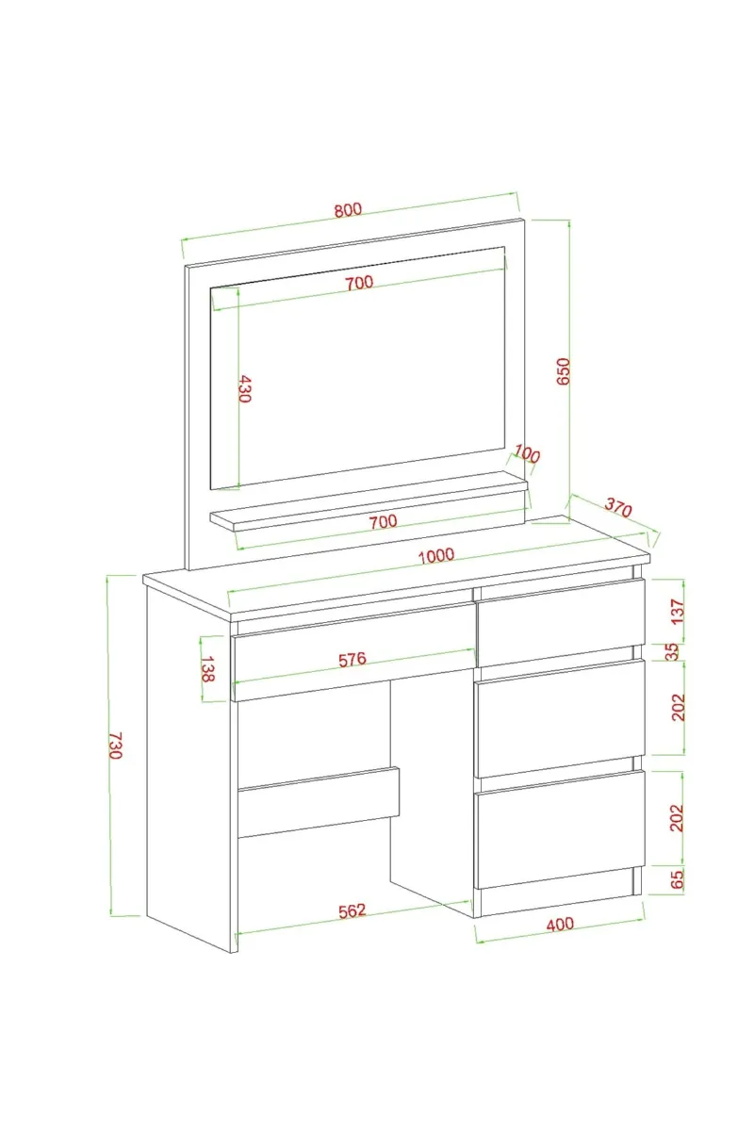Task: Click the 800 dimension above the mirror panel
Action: coord(348,209)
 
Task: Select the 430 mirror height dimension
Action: coord(244,388)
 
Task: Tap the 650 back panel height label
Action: coord(563,371)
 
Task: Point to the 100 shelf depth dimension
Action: coord(527,454)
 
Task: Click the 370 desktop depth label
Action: coord(618,508)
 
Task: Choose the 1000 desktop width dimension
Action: coord(436,555)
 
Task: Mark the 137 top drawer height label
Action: coord(678,612)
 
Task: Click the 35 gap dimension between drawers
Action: coord(672,651)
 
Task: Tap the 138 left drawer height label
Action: coord(207,668)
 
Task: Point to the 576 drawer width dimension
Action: coord(352,660)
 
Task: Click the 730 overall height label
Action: coord(115,746)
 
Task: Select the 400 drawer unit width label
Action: coord(560,924)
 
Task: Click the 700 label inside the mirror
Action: coord(360,282)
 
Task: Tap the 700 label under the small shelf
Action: coord(383,521)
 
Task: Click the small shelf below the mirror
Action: coord(369,500)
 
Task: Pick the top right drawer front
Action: coord(561,623)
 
